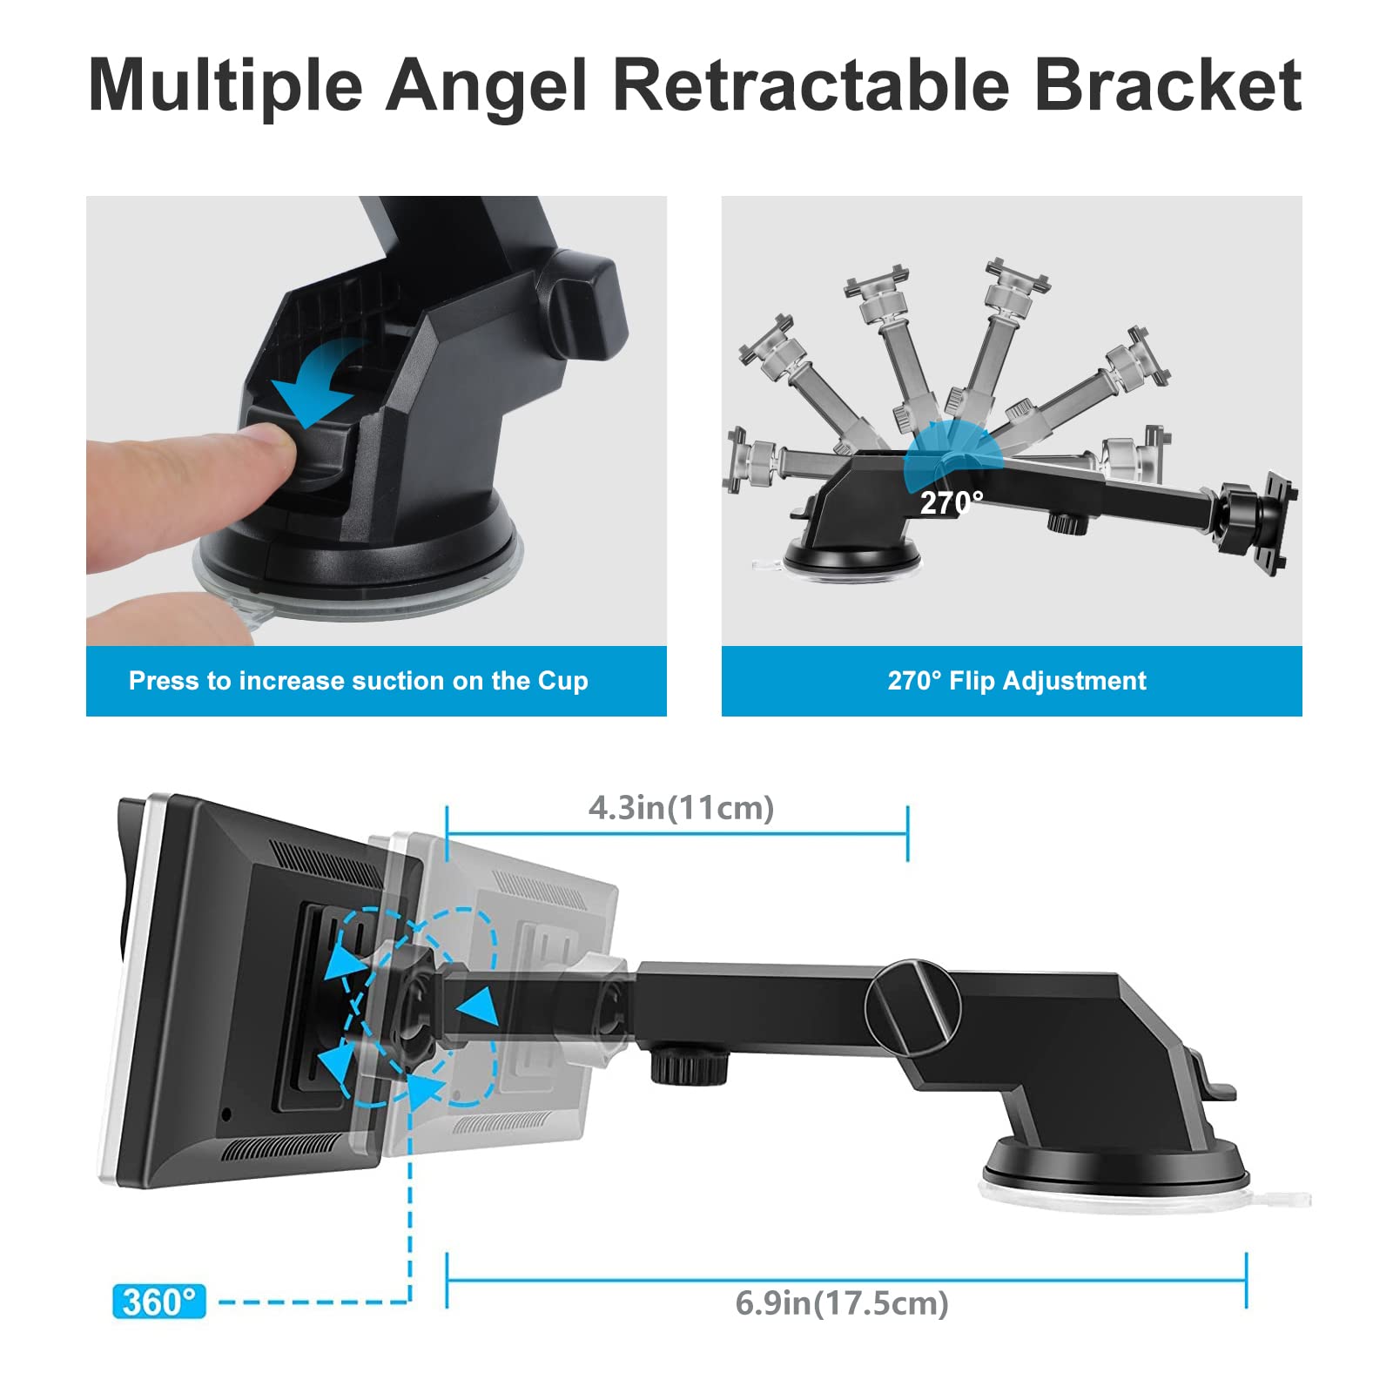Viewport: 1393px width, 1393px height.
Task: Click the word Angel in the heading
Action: click(x=486, y=86)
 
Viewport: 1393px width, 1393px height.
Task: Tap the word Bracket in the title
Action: click(x=1168, y=84)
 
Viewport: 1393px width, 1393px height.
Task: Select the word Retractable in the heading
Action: click(x=811, y=84)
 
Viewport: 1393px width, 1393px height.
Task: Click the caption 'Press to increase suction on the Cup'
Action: click(x=358, y=680)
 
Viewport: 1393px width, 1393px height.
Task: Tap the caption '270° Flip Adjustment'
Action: click(x=1017, y=680)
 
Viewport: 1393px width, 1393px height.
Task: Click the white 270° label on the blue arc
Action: click(x=952, y=502)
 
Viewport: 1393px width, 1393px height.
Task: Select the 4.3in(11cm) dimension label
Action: click(x=681, y=808)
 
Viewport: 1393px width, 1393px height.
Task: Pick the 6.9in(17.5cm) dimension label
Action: click(x=842, y=1303)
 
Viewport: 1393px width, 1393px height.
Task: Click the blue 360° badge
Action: click(x=159, y=1302)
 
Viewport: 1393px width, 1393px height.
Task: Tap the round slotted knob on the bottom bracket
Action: click(x=913, y=1007)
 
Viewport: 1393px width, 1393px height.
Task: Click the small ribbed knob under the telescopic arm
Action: click(x=689, y=1065)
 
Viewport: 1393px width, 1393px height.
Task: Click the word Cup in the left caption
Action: click(x=562, y=681)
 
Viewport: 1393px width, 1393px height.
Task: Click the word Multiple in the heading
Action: click(x=225, y=86)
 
